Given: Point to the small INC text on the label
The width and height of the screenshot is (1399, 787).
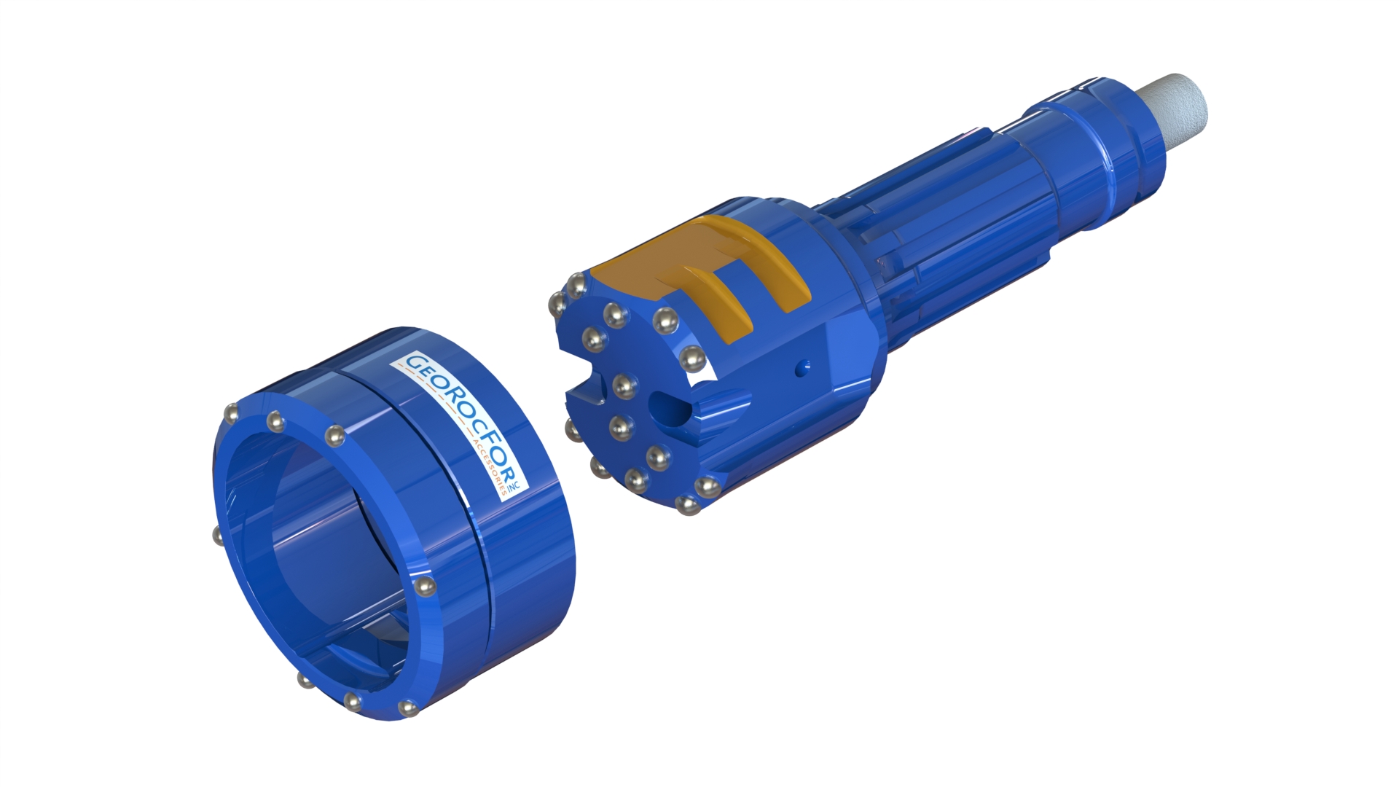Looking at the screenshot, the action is (x=512, y=486).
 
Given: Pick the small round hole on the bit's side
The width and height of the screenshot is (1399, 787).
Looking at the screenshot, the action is (x=802, y=367).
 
